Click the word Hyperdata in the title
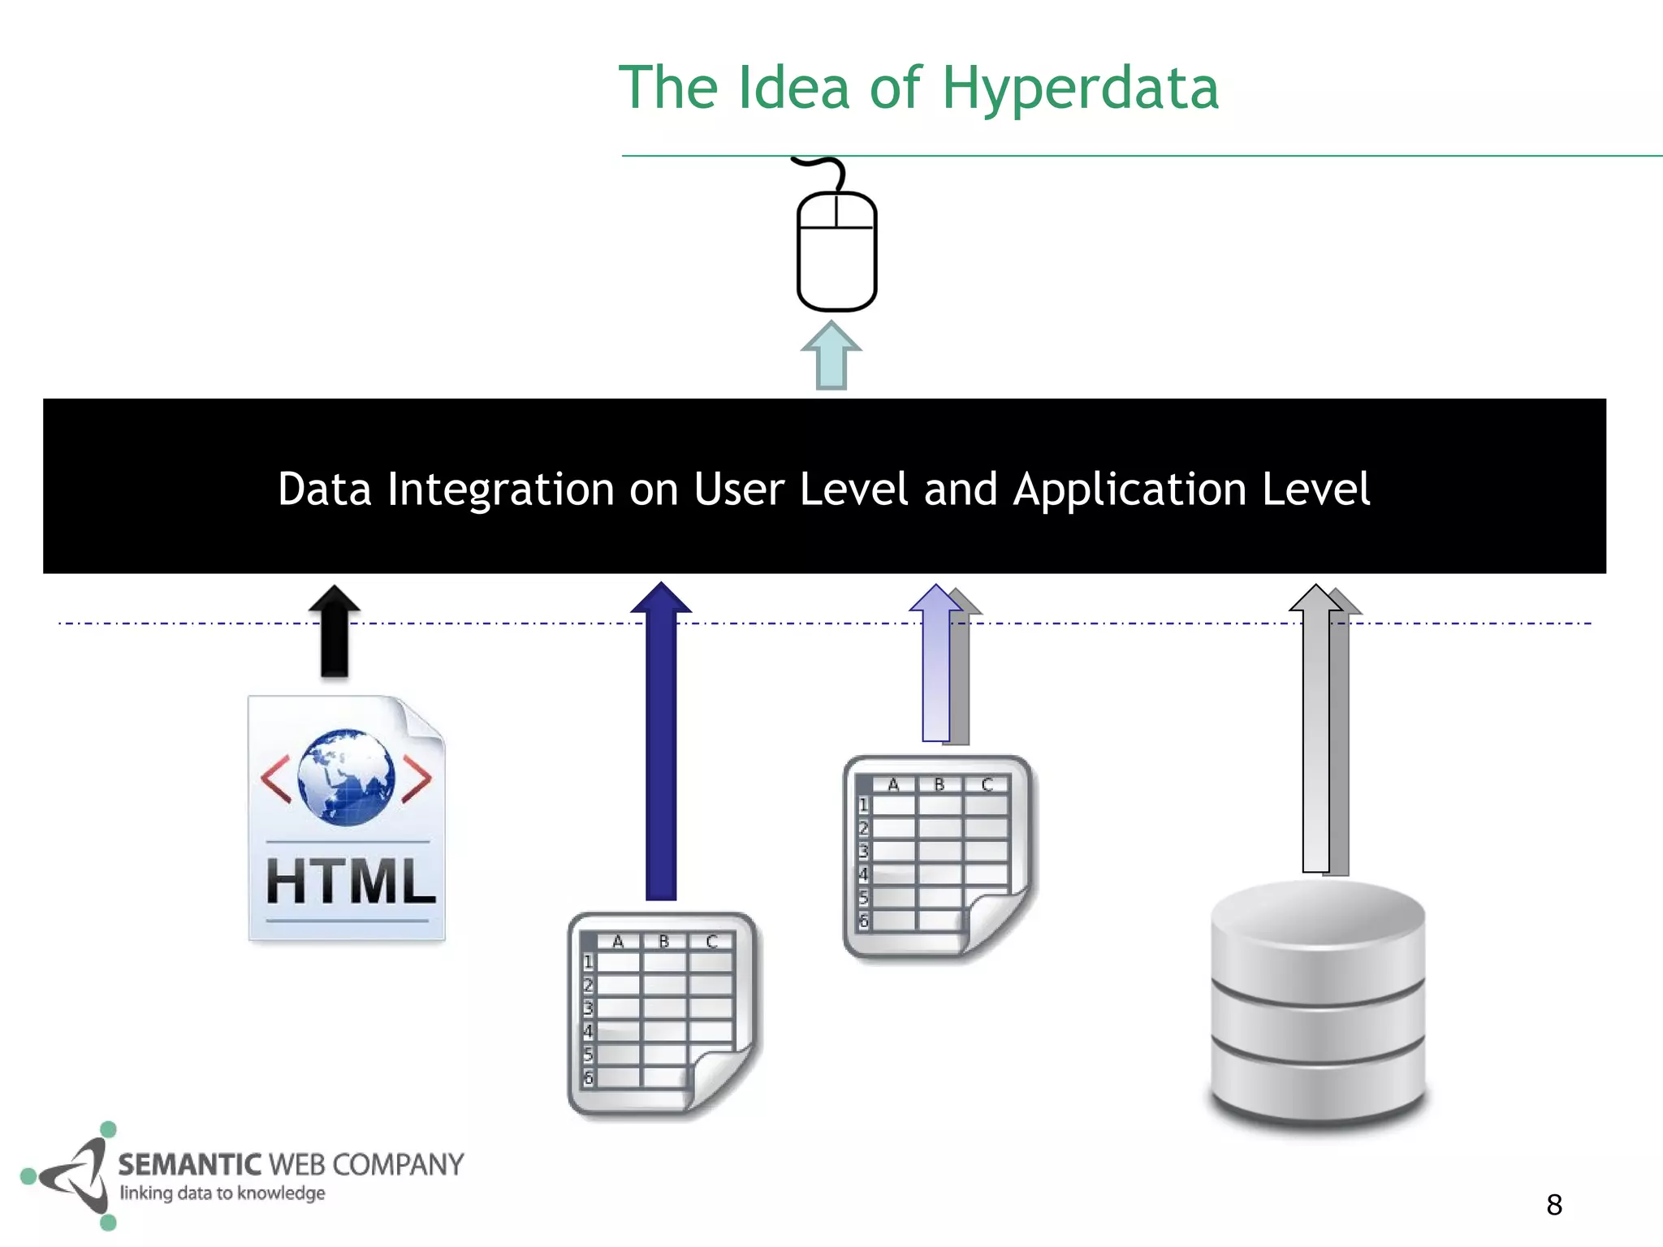tap(1080, 88)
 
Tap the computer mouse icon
tap(836, 252)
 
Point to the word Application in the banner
tap(1130, 490)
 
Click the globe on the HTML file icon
tap(346, 777)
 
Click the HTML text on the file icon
tap(350, 882)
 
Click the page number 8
tap(1554, 1205)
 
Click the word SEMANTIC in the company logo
tap(190, 1164)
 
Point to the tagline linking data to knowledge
tap(222, 1193)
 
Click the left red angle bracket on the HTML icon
tap(276, 779)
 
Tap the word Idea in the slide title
tap(793, 88)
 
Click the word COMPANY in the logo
tap(398, 1164)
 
